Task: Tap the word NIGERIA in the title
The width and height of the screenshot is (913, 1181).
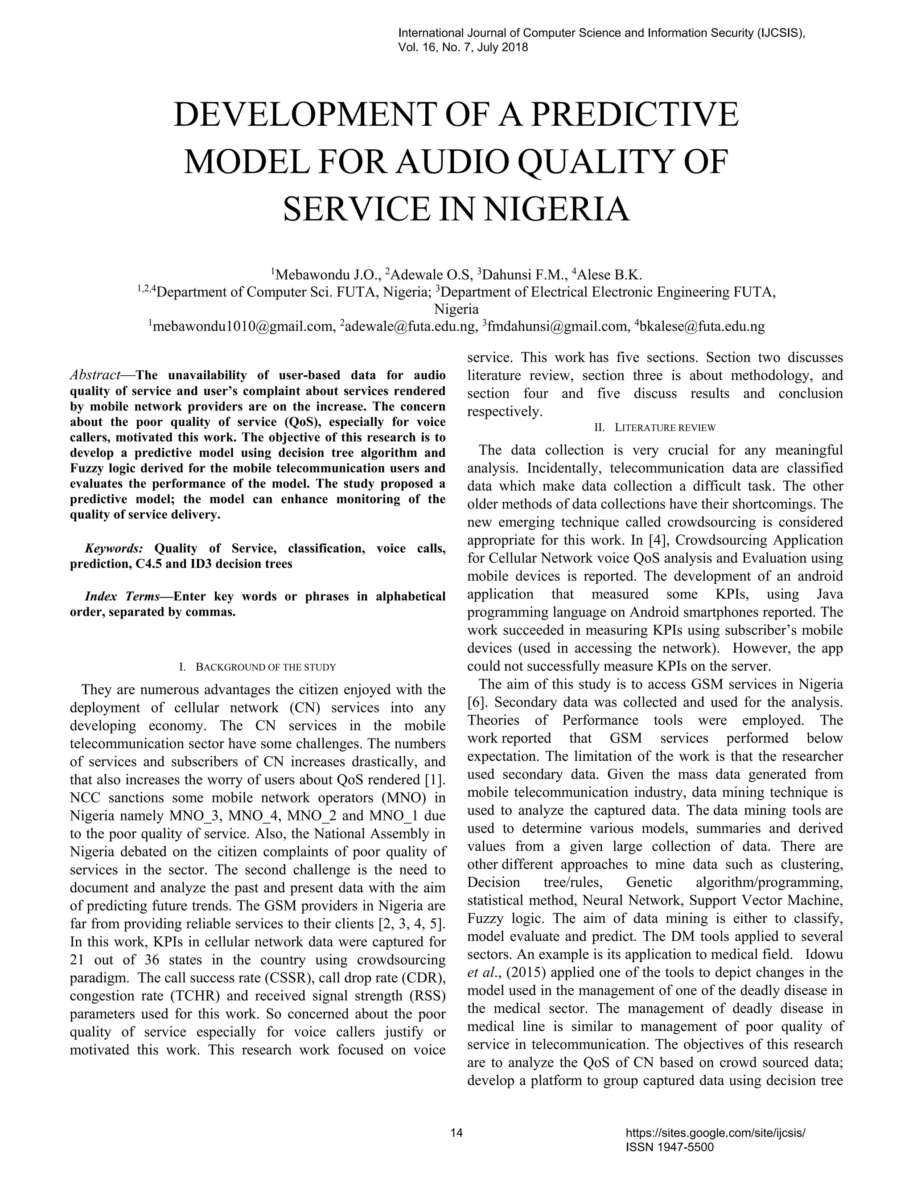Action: [555, 210]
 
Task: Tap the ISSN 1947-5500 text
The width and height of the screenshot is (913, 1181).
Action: [669, 1148]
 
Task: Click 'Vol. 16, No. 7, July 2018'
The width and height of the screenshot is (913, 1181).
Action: [462, 48]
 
